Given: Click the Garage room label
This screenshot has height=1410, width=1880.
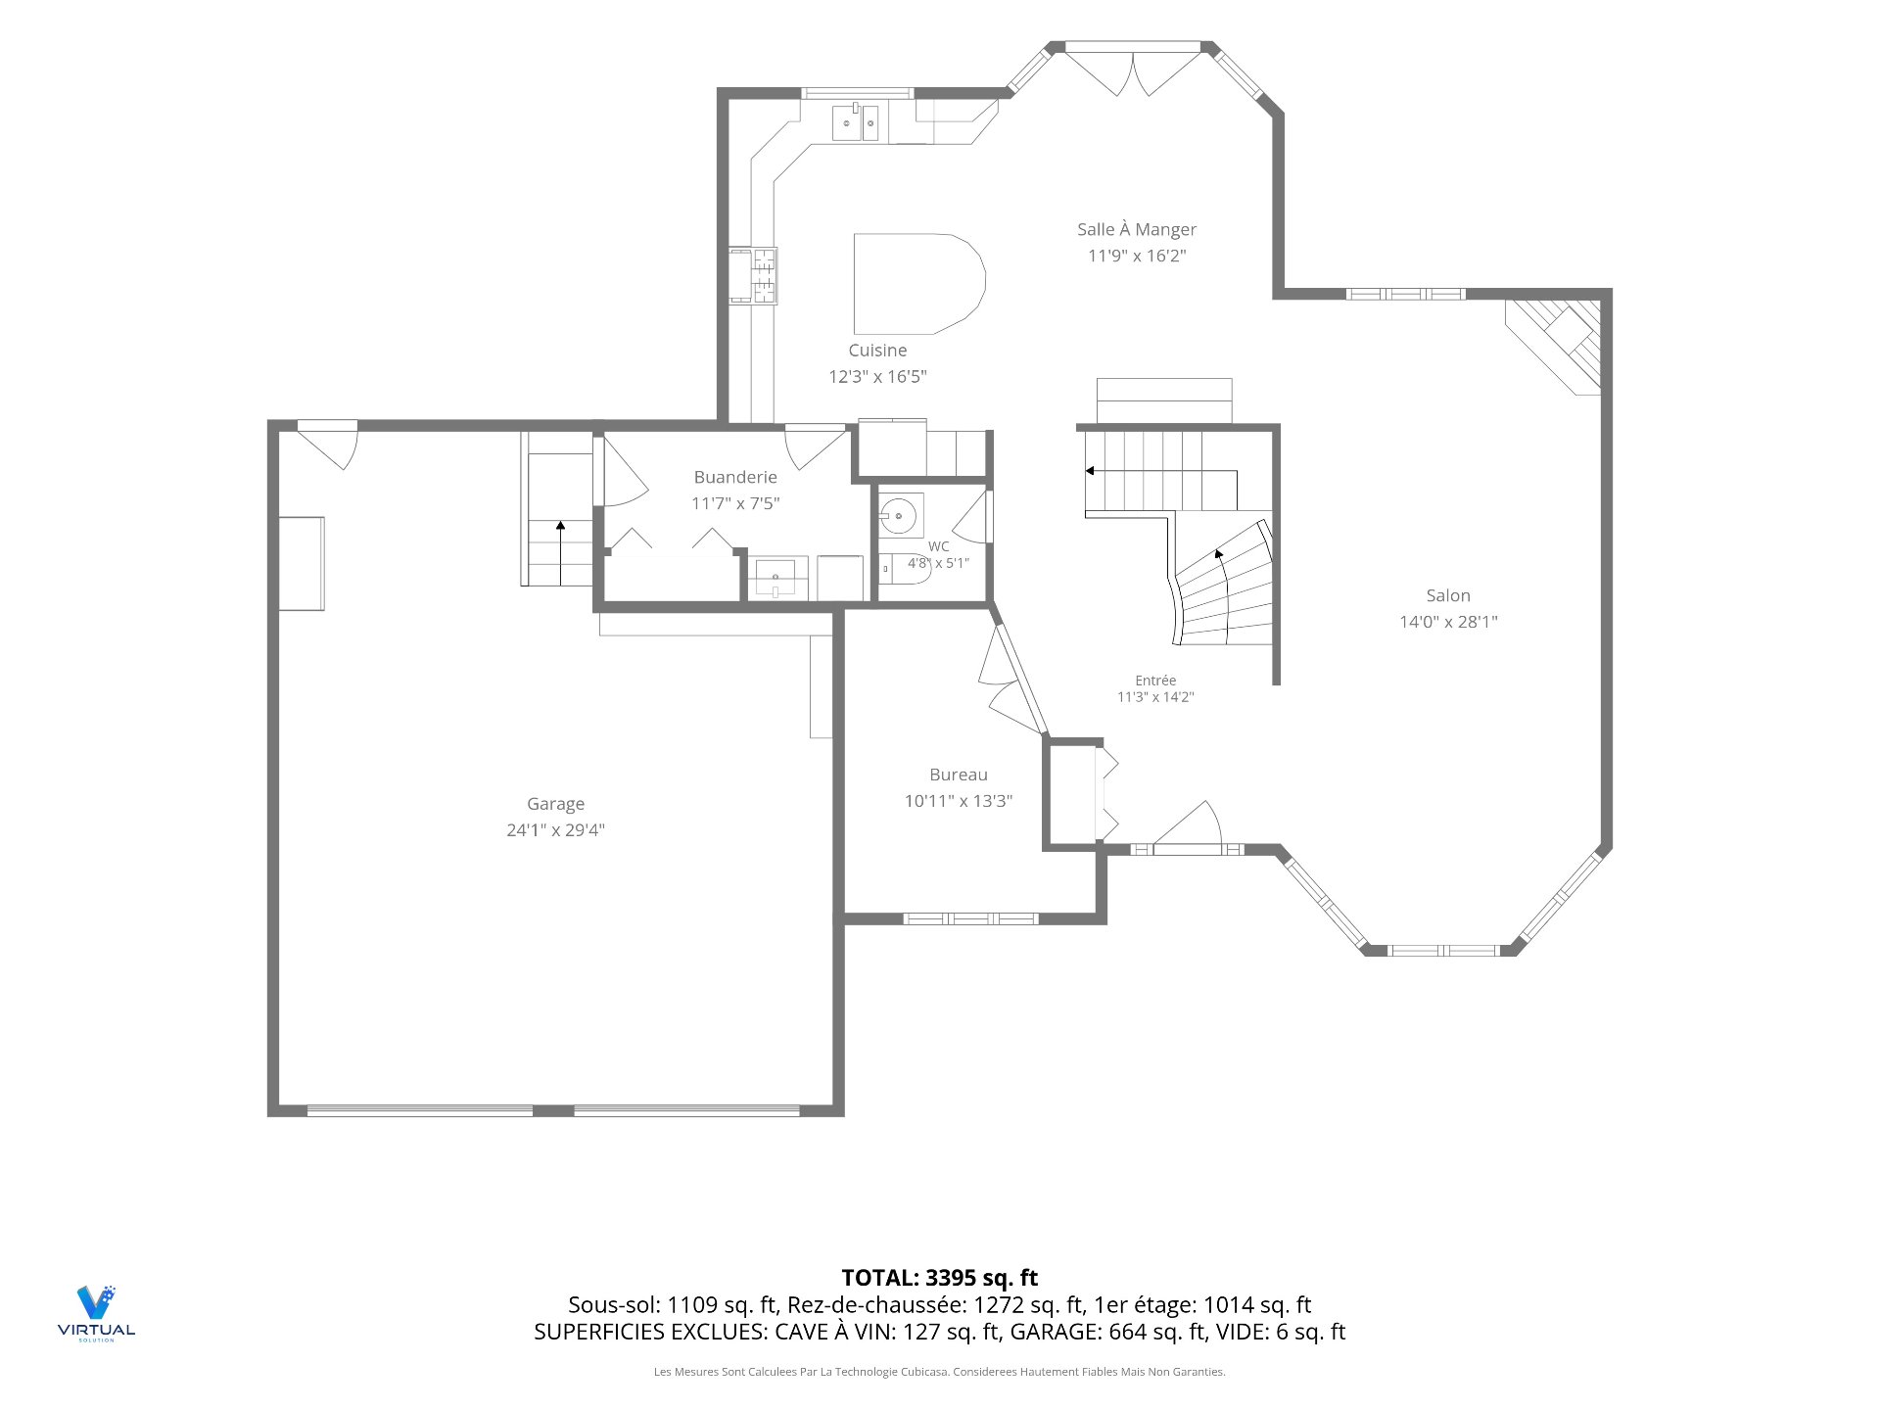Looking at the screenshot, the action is pyautogui.click(x=555, y=804).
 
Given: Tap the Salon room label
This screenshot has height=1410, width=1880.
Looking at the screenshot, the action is pyautogui.click(x=1448, y=595).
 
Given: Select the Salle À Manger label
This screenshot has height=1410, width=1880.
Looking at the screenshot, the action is pyautogui.click(x=1137, y=229).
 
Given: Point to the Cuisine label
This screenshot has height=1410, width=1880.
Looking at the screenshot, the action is pyautogui.click(x=877, y=351).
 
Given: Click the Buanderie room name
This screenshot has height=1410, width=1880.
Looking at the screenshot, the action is pyautogui.click(x=735, y=477).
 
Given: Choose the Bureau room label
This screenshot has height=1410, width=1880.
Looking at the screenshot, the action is pyautogui.click(x=959, y=775).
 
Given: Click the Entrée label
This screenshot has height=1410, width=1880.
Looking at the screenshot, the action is pyautogui.click(x=1155, y=681).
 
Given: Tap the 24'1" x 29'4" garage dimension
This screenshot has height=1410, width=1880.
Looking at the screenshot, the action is pyautogui.click(x=555, y=830).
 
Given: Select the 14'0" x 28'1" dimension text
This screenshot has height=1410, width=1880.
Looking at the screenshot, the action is pyautogui.click(x=1448, y=622).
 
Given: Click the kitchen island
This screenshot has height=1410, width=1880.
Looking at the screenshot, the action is pyautogui.click(x=918, y=284).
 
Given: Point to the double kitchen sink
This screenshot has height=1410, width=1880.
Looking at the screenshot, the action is pyautogui.click(x=856, y=122).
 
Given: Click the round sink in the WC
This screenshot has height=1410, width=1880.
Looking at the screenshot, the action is pyautogui.click(x=898, y=515).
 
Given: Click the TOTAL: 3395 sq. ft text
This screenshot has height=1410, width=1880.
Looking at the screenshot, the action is pyautogui.click(x=940, y=1278).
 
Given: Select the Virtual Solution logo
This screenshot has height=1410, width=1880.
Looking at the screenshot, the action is pyautogui.click(x=96, y=1313).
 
